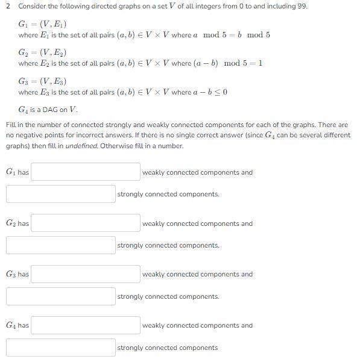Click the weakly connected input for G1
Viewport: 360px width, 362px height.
click(85, 172)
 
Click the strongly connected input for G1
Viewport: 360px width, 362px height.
click(60, 194)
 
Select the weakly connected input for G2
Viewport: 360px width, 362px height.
click(85, 223)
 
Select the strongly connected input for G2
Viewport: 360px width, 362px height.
click(60, 245)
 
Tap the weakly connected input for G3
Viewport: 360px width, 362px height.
click(85, 274)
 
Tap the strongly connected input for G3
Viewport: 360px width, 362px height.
click(60, 296)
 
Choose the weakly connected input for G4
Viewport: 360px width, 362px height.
click(85, 325)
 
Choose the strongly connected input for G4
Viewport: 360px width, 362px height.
click(60, 348)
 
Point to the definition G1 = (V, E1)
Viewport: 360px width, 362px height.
click(42, 24)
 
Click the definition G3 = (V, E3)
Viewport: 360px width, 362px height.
click(42, 81)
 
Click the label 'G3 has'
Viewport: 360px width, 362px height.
click(17, 275)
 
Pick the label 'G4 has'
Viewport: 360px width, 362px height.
click(17, 326)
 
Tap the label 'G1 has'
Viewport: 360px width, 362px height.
click(17, 173)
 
